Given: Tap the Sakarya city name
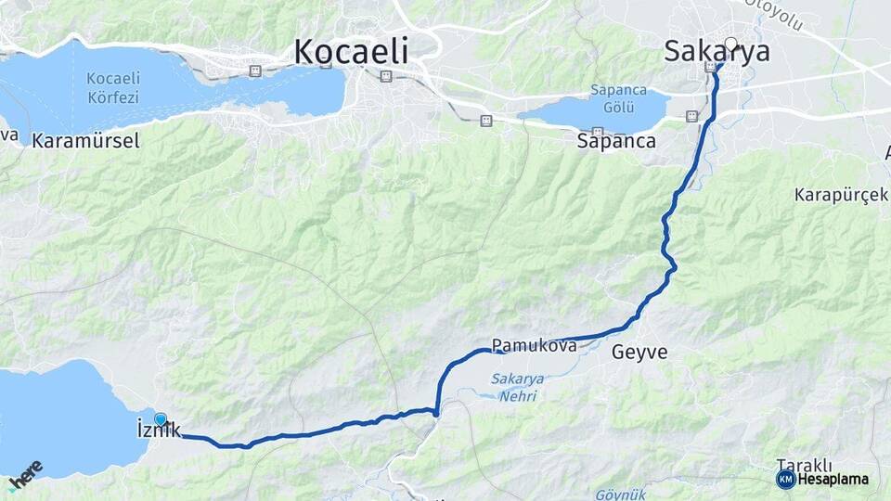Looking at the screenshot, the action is (717, 53).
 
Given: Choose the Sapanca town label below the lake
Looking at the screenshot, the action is (616, 142).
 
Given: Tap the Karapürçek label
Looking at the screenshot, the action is (842, 195).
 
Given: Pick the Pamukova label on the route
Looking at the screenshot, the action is (534, 345).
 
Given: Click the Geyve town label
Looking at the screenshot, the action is (639, 352).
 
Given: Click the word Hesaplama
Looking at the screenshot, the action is (833, 480).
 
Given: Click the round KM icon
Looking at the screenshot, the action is (785, 480).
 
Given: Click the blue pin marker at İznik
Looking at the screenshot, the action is (161, 420).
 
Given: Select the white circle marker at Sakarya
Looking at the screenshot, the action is (730, 43).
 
